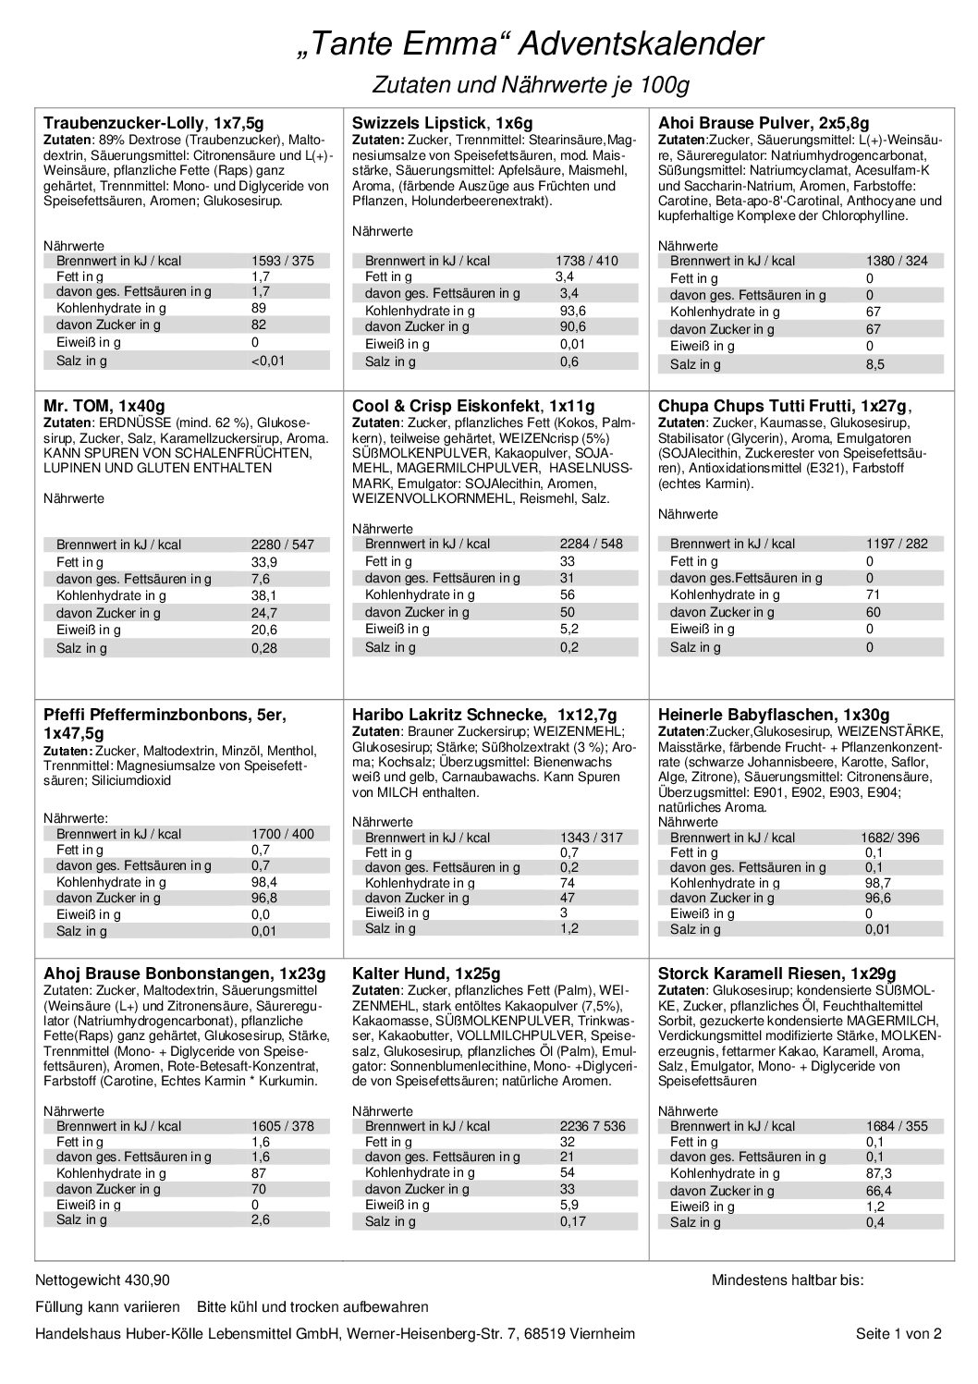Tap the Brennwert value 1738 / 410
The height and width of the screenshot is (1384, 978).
pos(588,262)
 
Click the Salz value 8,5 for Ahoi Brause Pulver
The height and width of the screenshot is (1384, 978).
pos(874,364)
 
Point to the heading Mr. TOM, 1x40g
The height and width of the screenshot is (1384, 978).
pos(104,405)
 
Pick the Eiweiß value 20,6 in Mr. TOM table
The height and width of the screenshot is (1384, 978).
pos(264,631)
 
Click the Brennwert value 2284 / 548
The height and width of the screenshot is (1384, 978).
pos(592,545)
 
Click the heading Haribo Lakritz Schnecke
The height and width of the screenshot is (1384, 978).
pos(485,715)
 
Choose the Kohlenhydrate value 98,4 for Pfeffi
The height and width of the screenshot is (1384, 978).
pos(264,882)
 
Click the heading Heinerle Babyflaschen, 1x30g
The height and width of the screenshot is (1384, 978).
pos(774,715)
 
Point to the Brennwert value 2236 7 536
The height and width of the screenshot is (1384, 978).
pos(593,1126)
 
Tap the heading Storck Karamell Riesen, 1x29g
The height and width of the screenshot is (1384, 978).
pos(777,974)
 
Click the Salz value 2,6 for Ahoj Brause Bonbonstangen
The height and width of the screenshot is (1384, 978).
pos(260,1220)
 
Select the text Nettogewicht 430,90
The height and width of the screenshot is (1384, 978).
pos(102,1280)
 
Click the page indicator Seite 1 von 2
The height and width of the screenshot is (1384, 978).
pos(899,1333)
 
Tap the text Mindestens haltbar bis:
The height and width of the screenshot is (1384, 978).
pos(788,1280)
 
